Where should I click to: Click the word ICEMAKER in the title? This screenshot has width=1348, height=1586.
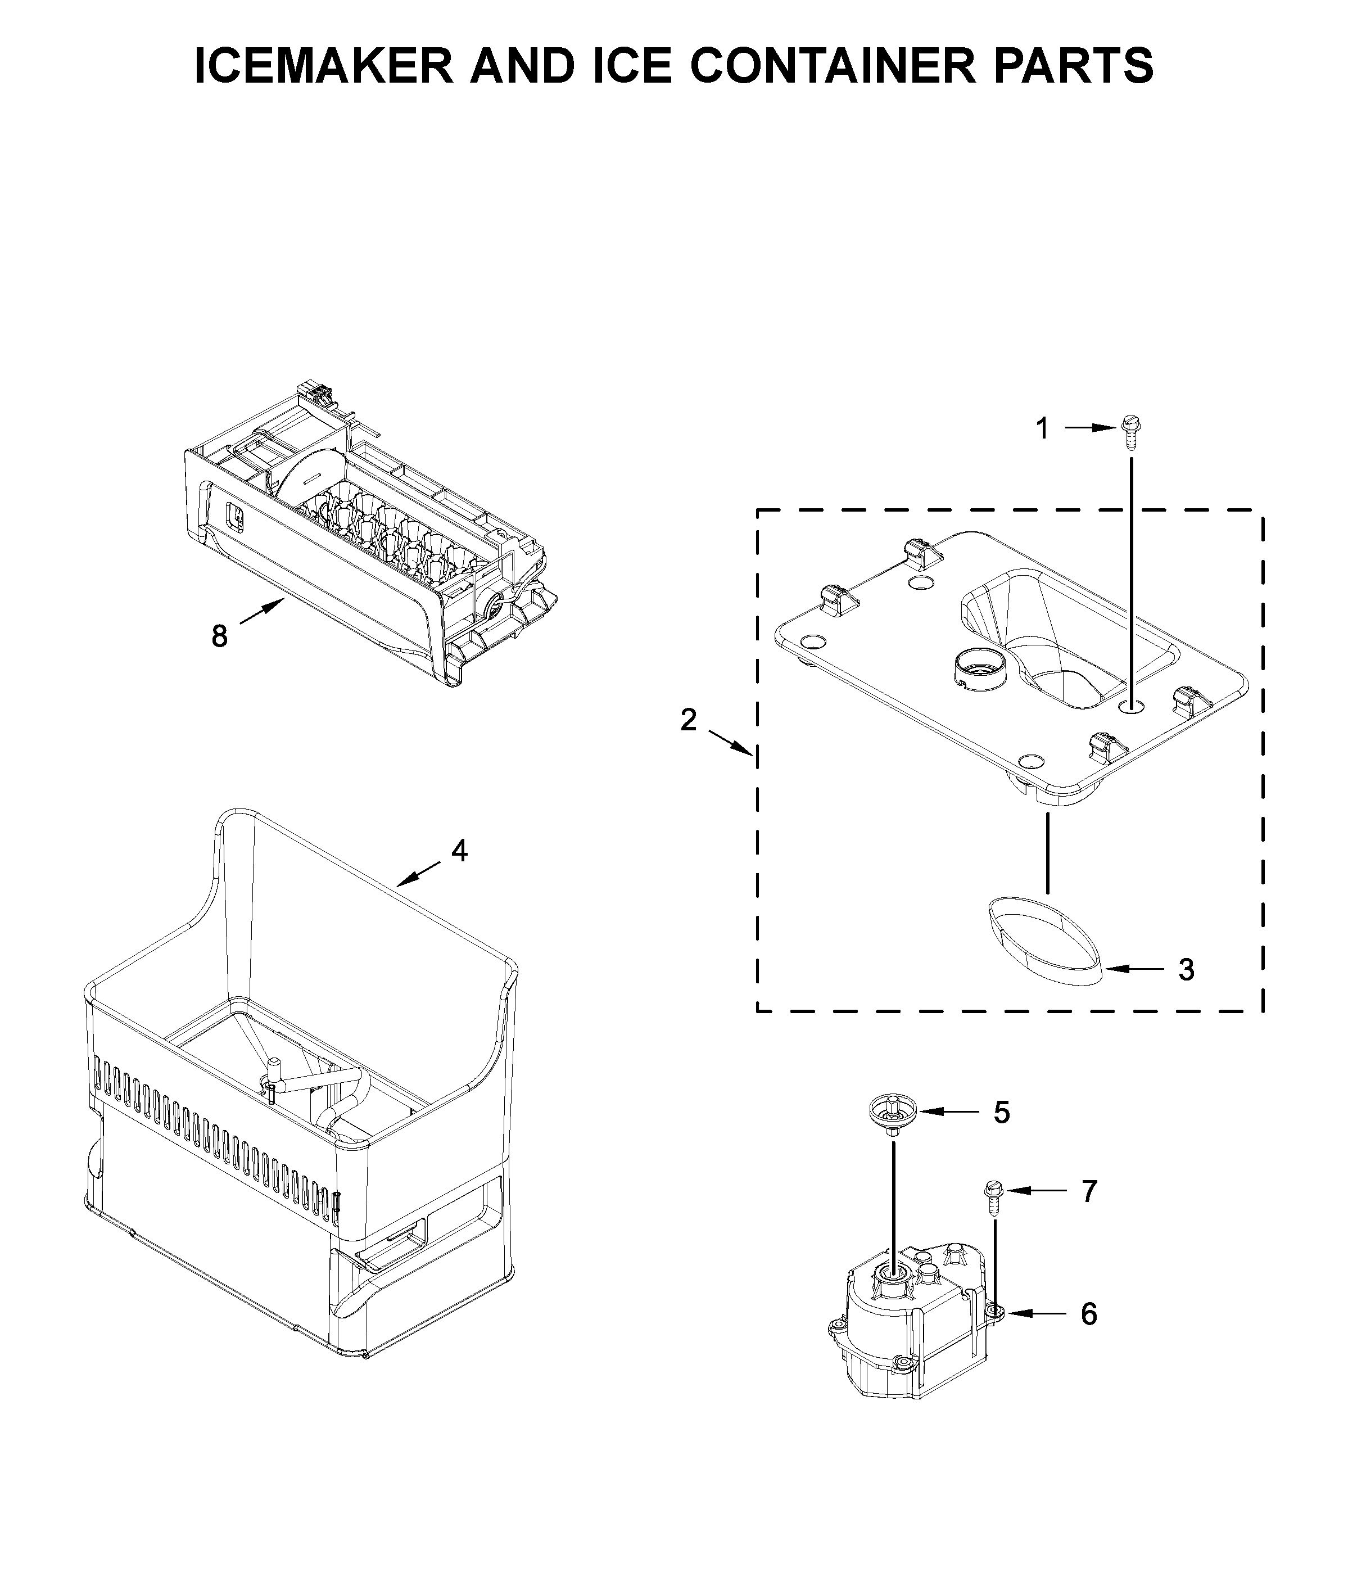point(323,66)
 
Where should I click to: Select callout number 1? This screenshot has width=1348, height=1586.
point(1042,430)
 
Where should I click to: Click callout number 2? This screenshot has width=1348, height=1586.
point(689,720)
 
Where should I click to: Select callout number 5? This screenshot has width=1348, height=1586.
point(1002,1113)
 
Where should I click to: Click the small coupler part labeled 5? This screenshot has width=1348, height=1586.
point(891,1114)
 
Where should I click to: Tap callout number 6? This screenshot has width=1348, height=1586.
point(1089,1313)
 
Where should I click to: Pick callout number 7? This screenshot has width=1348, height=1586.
point(1089,1191)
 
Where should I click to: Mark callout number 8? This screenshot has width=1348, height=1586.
point(219,636)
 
